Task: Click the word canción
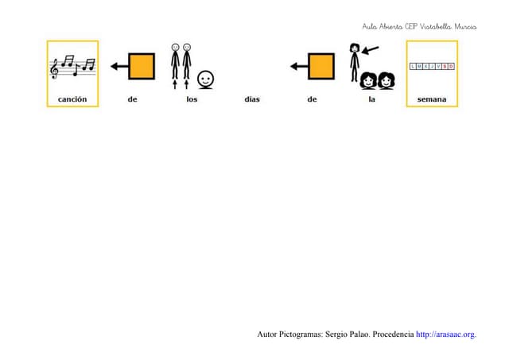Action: coord(72,99)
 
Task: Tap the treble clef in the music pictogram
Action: coord(54,69)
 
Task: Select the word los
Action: coord(192,99)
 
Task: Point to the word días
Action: coord(252,99)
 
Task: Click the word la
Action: coord(372,99)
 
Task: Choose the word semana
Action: coord(432,99)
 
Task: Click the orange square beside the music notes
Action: coord(142,67)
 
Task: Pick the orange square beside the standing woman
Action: coord(321,67)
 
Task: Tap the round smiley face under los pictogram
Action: coord(206,79)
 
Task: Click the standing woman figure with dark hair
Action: coord(355,62)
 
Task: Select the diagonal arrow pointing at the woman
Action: coord(370,50)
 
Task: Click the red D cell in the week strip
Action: coord(451,67)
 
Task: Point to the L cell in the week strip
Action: coord(413,67)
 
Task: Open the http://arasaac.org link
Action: coord(446,335)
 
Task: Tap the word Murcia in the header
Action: coord(465,26)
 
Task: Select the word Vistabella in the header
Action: coord(435,26)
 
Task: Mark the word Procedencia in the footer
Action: coord(393,335)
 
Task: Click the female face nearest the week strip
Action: coord(387,81)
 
